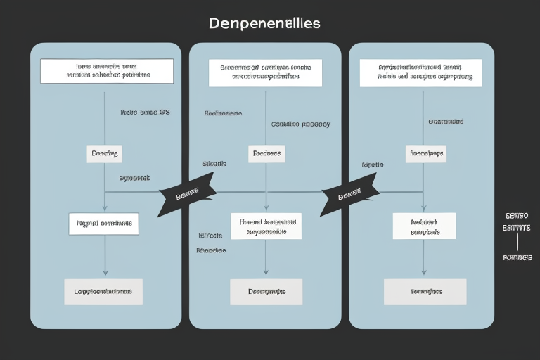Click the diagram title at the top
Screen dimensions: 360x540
click(264, 23)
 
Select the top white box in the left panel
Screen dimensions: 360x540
click(107, 71)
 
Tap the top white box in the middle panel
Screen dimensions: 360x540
click(265, 72)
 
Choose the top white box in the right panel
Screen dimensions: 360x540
click(420, 72)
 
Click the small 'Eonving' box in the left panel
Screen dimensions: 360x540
click(104, 154)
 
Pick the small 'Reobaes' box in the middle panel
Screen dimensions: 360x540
click(266, 154)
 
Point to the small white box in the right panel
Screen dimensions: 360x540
click(425, 154)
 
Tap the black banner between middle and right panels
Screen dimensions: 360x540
click(349, 196)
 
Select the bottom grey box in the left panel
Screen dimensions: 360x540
click(103, 291)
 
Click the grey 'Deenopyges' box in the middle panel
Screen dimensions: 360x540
click(266, 291)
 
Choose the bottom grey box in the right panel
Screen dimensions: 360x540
click(425, 291)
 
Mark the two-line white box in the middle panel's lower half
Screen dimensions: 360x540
click(266, 226)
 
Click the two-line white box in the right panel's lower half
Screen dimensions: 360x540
click(424, 226)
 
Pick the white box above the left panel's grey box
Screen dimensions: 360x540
click(103, 224)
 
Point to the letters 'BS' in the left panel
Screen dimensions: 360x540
click(165, 112)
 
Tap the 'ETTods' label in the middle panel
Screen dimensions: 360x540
click(210, 236)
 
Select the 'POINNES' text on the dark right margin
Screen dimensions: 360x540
click(517, 258)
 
